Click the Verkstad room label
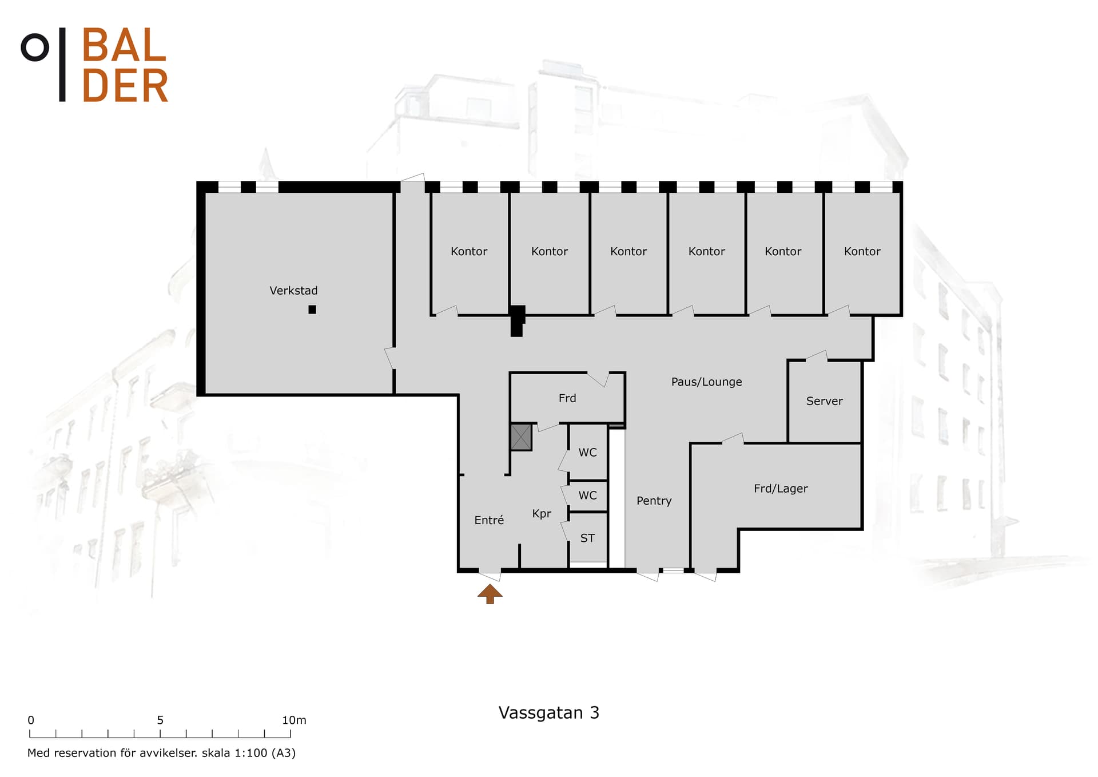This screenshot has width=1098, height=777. click(x=293, y=291)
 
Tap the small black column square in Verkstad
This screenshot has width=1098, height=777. click(x=312, y=310)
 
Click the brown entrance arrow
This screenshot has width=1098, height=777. click(x=490, y=594)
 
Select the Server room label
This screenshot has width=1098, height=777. click(x=824, y=401)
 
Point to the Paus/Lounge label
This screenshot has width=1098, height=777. click(x=707, y=382)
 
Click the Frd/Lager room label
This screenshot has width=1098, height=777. click(x=781, y=489)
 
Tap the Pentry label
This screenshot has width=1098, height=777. click(x=654, y=501)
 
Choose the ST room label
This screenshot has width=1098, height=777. click(x=587, y=538)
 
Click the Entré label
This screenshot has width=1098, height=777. click(x=489, y=520)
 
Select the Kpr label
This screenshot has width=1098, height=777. click(x=542, y=514)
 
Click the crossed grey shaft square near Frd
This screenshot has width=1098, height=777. click(x=521, y=437)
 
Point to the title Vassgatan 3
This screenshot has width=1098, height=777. click(x=549, y=713)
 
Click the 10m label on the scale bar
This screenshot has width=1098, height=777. click(x=294, y=720)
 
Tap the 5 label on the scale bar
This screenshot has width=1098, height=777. click(x=160, y=720)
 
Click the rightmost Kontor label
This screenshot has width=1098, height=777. click(x=862, y=251)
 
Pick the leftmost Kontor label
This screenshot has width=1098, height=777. click(x=469, y=251)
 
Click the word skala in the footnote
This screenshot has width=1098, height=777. click(x=216, y=753)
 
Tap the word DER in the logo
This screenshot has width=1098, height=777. click(x=125, y=86)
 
